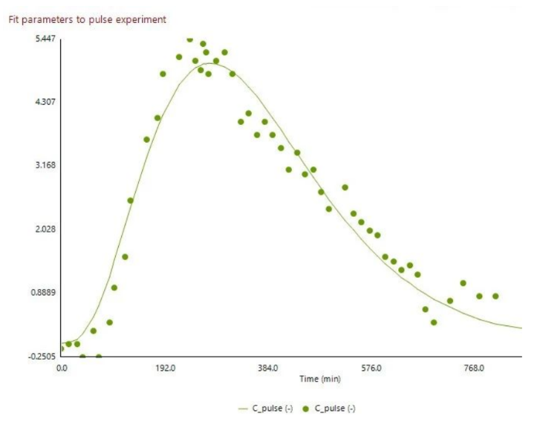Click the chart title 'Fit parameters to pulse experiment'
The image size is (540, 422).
pyautogui.click(x=87, y=19)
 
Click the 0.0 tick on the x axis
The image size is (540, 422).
pyautogui.click(x=62, y=368)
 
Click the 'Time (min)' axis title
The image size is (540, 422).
pyautogui.click(x=320, y=379)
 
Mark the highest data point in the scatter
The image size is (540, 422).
pyautogui.click(x=189, y=39)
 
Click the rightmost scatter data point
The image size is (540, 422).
pyautogui.click(x=495, y=296)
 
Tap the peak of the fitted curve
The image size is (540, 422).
pyautogui.click(x=210, y=63)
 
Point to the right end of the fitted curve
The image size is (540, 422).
pyautogui.click(x=521, y=328)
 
